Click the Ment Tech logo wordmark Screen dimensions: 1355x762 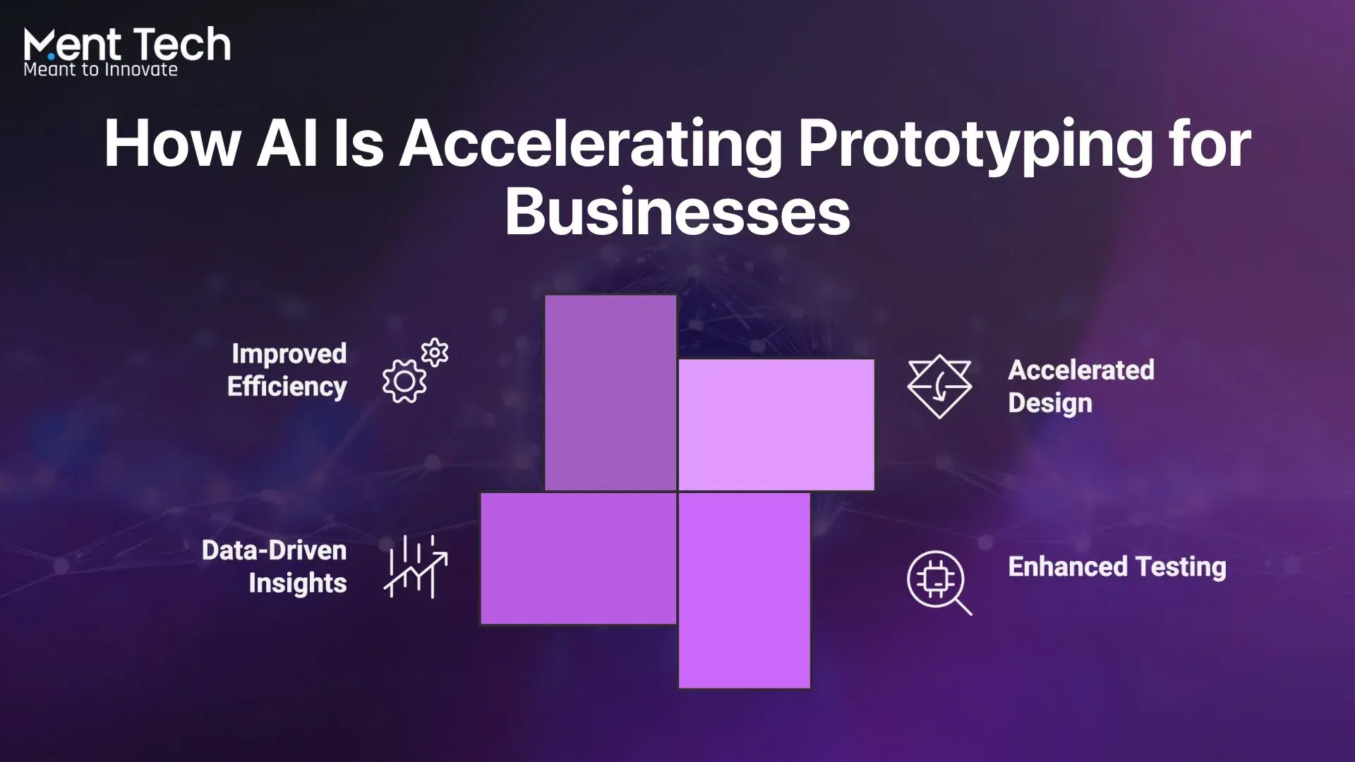pyautogui.click(x=127, y=44)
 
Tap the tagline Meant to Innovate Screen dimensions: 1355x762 pyautogui.click(x=100, y=69)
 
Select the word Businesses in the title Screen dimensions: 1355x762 pyautogui.click(x=677, y=211)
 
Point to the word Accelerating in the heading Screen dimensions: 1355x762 pyautogui.click(x=591, y=147)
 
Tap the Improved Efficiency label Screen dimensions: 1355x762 pyautogui.click(x=287, y=370)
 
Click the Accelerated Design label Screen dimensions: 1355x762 pyautogui.click(x=1081, y=387)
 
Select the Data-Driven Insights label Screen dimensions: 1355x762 pyautogui.click(x=275, y=567)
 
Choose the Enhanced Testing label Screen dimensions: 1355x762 pyautogui.click(x=1117, y=567)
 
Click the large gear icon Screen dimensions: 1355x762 pyautogui.click(x=404, y=382)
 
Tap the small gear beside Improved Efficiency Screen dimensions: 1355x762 pyautogui.click(x=435, y=353)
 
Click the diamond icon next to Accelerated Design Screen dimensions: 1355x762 pyautogui.click(x=939, y=387)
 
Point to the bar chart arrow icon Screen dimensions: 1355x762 pyautogui.click(x=416, y=567)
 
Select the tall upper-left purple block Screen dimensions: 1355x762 pyautogui.click(x=610, y=392)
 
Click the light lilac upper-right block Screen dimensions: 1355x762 pyautogui.click(x=776, y=425)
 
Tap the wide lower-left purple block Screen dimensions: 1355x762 pyautogui.click(x=579, y=559)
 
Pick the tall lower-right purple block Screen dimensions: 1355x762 pyautogui.click(x=745, y=591)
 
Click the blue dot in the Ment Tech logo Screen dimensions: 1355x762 pyautogui.click(x=51, y=56)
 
